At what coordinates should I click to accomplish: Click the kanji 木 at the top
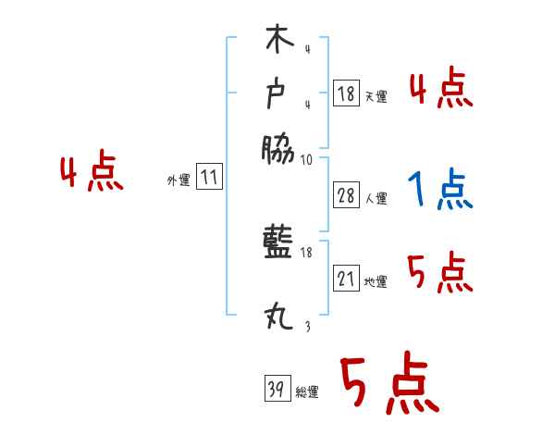[277, 42]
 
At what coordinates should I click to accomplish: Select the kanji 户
[277, 93]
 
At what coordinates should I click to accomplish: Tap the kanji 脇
[277, 148]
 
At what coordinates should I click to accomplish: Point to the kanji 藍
[277, 247]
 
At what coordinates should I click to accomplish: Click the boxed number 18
[346, 93]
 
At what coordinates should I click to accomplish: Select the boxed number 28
[346, 194]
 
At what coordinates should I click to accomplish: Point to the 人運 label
[376, 197]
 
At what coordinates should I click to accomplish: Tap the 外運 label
[179, 180]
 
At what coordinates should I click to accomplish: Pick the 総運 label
[307, 392]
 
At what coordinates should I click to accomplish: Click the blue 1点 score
[440, 190]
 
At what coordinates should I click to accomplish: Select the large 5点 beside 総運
[388, 384]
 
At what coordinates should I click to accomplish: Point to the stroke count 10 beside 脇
[306, 160]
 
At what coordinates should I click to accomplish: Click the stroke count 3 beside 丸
[306, 326]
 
